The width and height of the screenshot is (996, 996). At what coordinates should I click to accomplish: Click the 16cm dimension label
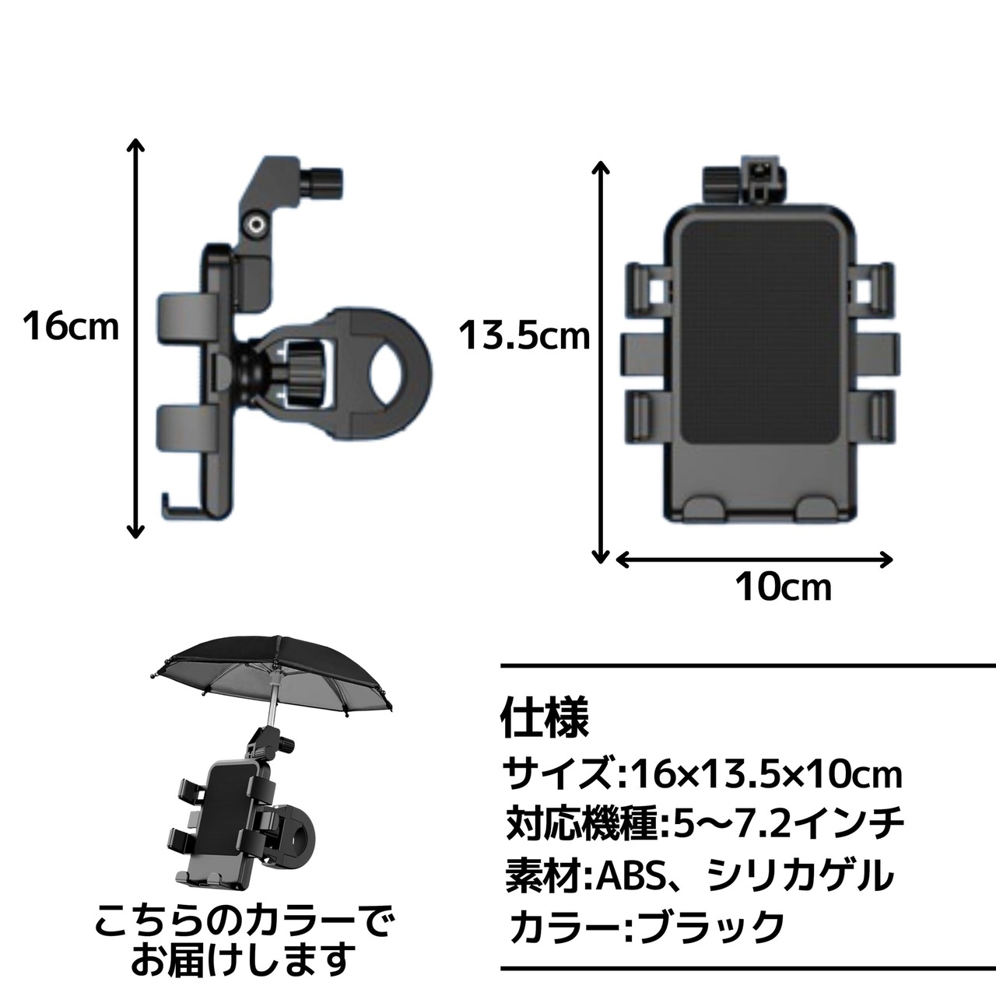click(71, 326)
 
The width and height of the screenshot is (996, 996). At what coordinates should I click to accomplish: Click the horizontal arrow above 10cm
click(755, 559)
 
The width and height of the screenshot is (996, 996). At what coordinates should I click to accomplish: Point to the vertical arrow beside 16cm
click(135, 338)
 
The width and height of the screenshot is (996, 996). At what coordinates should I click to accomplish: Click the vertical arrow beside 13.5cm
click(600, 362)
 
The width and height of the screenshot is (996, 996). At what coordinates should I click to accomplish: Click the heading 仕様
click(545, 718)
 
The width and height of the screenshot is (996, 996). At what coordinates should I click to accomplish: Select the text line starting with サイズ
click(703, 774)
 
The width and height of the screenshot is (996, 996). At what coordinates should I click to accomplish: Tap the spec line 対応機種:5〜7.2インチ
click(705, 824)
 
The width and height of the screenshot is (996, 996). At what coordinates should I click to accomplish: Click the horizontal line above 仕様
click(748, 666)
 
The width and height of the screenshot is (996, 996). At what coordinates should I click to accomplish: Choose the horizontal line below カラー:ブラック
click(748, 967)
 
